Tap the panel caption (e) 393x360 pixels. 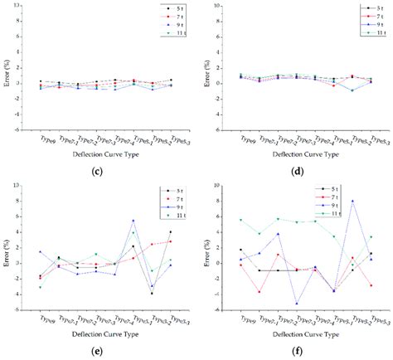point(98,353)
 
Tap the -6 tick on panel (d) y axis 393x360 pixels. point(224,129)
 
